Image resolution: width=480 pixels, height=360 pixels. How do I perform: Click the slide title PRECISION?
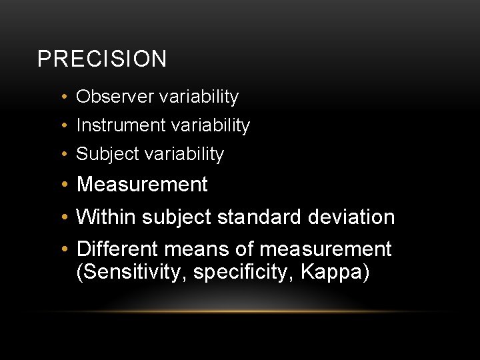point(102,59)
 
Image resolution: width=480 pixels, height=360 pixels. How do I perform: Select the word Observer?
point(115,97)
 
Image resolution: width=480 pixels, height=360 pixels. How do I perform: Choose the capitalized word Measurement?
point(142,185)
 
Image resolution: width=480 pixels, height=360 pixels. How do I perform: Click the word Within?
point(107,217)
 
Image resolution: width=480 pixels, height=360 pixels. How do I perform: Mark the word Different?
point(117,249)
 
